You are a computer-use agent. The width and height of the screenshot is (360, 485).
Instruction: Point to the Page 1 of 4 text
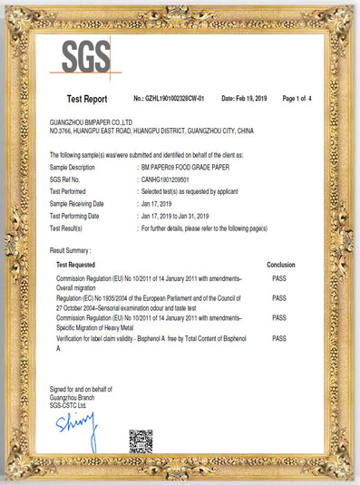pyautogui.click(x=297, y=97)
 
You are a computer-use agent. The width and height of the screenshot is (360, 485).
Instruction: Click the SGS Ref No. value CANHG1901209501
pyautogui.click(x=168, y=180)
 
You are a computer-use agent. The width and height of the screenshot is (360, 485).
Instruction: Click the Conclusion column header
pyautogui.click(x=280, y=264)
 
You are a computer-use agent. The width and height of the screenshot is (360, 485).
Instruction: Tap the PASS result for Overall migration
pyautogui.click(x=279, y=279)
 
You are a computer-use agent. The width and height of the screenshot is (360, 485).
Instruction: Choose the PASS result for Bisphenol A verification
pyautogui.click(x=279, y=338)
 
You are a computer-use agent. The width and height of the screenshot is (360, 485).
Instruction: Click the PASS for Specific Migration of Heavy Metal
pyautogui.click(x=279, y=318)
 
